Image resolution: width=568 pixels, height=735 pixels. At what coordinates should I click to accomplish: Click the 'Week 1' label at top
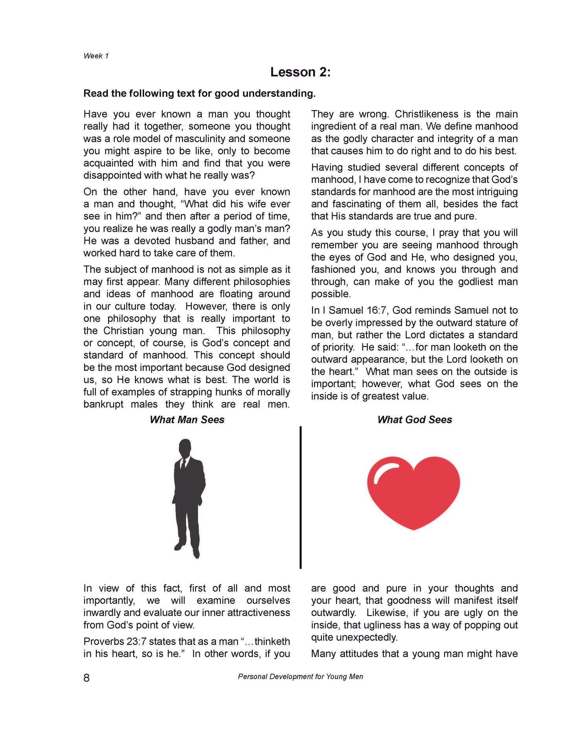[x=96, y=56]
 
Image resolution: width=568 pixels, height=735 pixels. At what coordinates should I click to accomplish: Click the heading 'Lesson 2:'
[x=300, y=72]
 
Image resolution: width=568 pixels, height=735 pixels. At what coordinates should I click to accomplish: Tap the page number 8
[x=86, y=678]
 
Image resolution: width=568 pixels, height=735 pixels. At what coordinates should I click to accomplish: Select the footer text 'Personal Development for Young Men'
[x=300, y=676]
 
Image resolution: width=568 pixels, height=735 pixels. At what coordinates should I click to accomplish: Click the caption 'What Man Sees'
[x=187, y=420]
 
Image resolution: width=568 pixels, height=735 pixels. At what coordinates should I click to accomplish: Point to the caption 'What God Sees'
[x=414, y=420]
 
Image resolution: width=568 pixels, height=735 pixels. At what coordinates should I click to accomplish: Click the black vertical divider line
[x=301, y=497]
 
